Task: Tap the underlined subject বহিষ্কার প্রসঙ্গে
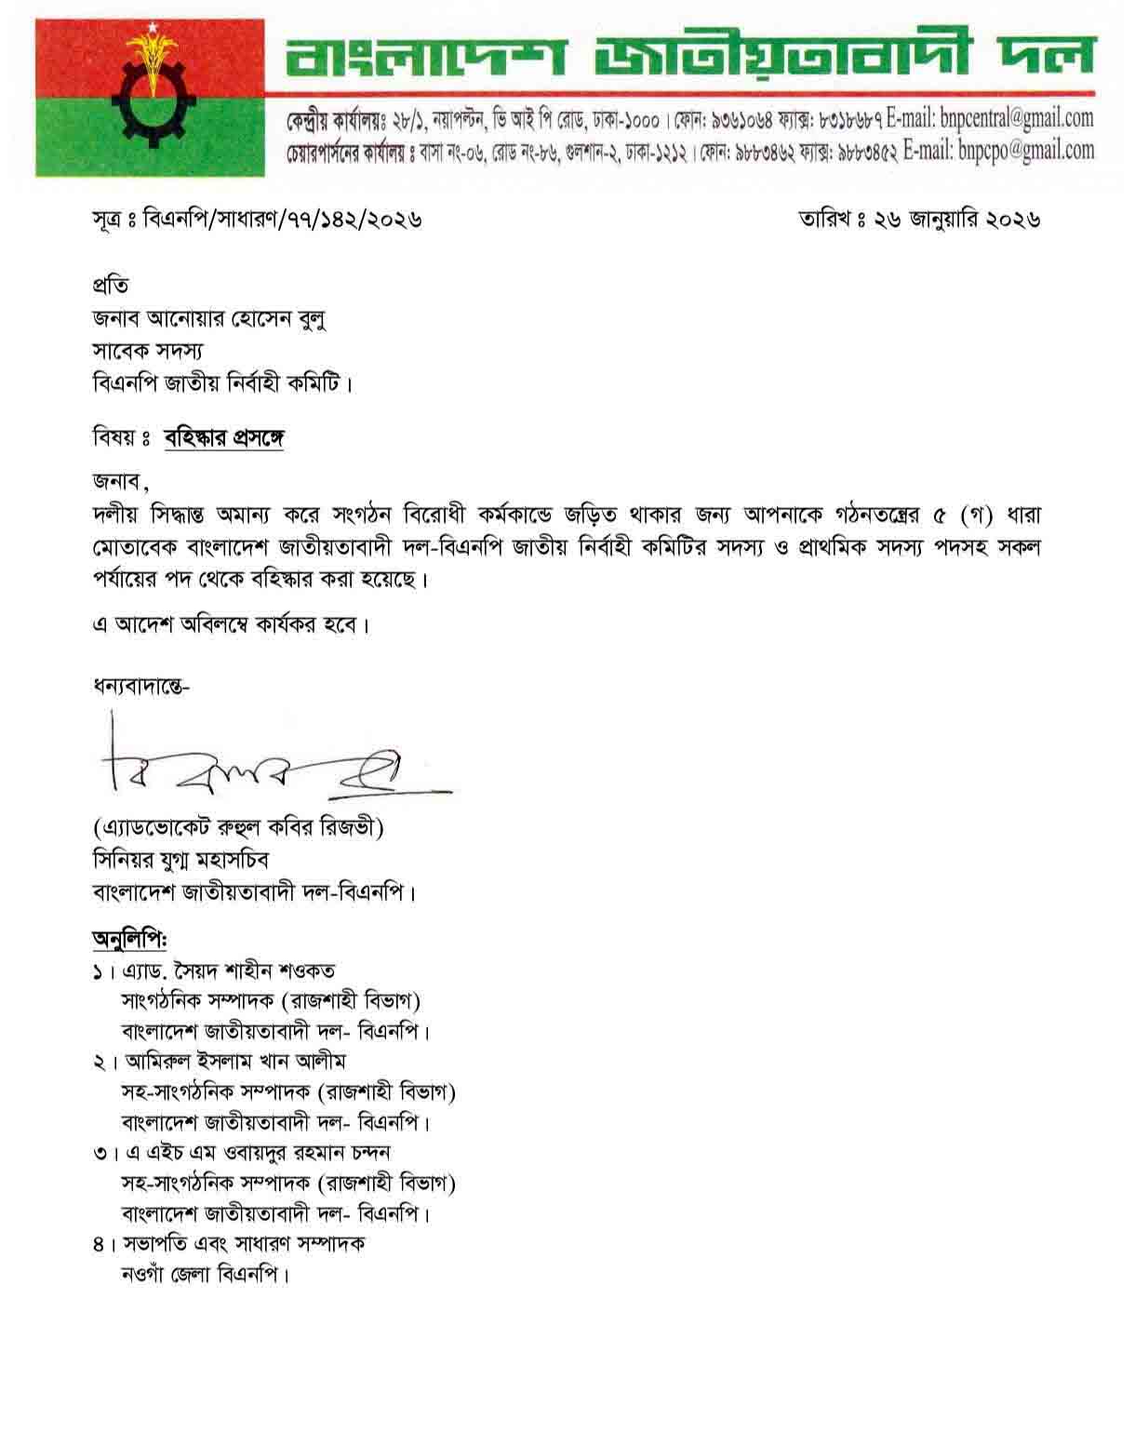(224, 437)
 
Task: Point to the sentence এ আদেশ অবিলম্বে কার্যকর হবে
(231, 623)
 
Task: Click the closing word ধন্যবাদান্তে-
(140, 688)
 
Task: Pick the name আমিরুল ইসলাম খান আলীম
(234, 1061)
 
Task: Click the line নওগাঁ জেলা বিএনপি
(206, 1275)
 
